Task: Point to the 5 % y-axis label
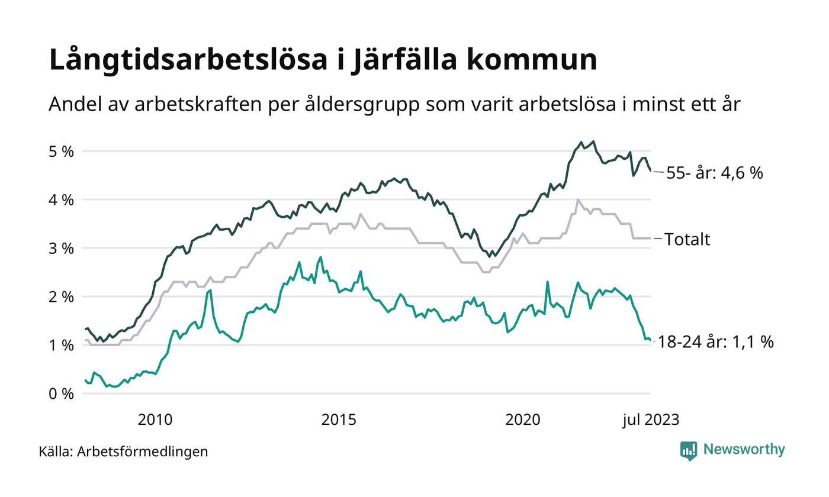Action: pos(60,151)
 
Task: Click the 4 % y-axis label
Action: pos(60,200)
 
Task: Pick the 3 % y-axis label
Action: pos(60,248)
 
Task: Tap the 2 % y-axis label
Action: pos(60,296)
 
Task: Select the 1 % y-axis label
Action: pos(60,345)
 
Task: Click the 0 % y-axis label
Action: pos(60,393)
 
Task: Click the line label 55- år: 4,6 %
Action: pos(714,174)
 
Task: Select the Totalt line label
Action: pos(687,240)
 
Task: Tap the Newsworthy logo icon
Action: pos(689,450)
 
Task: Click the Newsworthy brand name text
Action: pos(744,450)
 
